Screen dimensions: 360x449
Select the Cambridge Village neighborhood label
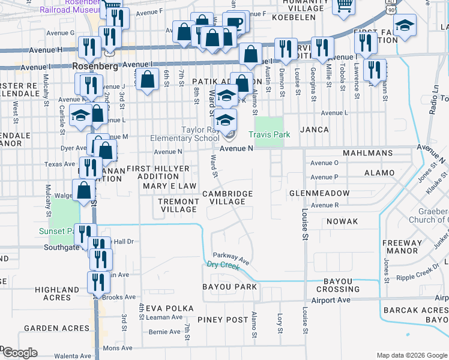point(227,197)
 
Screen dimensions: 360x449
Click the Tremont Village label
point(178,205)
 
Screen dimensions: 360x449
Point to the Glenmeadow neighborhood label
point(319,193)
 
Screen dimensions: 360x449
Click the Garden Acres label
point(50,329)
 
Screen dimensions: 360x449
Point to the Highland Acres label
point(57,293)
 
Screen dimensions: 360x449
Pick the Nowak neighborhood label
point(343,221)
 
